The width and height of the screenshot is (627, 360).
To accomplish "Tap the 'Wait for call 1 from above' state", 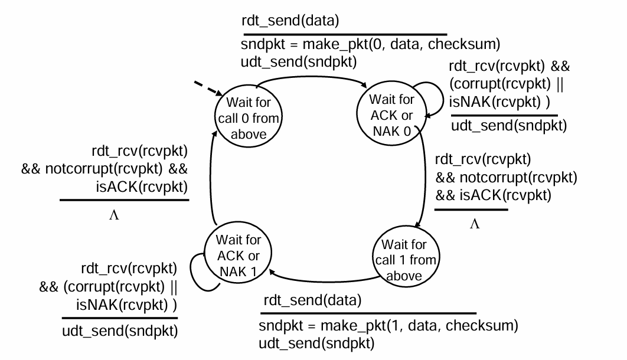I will coord(409,259).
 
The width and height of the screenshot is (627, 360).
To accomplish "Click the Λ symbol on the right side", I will coord(474,224).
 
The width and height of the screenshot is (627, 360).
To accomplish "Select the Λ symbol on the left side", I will coord(114,215).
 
